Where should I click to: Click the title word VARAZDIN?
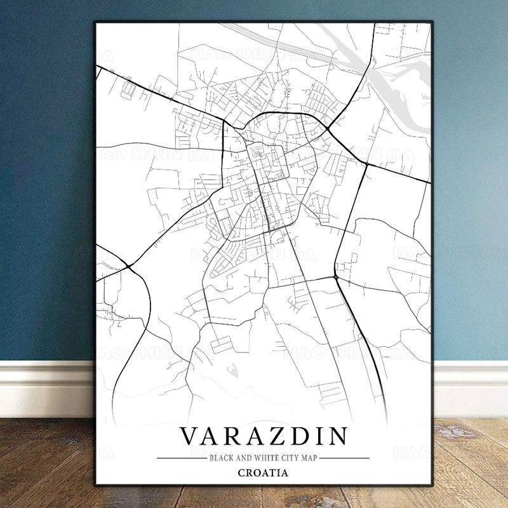point(264,437)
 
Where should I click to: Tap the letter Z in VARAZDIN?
point(279,437)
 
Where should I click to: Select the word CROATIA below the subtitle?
point(263,472)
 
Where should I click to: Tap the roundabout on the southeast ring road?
point(335,277)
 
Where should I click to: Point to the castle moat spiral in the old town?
point(258,152)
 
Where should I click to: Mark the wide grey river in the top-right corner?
point(406,95)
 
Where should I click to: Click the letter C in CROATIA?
point(241,472)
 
